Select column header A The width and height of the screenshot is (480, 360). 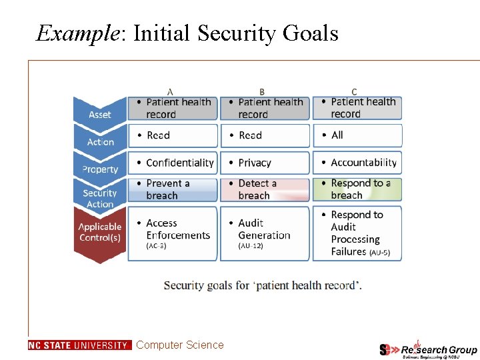pos(171,91)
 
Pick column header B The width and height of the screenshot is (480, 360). pos(262,91)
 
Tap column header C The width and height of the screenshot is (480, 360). pos(354,91)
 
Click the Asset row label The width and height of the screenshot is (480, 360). pos(100,115)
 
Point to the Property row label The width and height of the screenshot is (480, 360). pos(100,169)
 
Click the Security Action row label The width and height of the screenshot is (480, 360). pos(100,198)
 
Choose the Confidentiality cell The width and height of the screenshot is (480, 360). pos(173,163)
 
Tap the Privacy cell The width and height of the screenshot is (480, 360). pos(265,163)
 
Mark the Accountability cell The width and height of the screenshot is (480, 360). pos(357,163)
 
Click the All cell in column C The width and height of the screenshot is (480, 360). pos(357,135)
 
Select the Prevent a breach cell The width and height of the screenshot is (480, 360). pos(173,189)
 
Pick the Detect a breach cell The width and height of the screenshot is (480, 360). pos(265,189)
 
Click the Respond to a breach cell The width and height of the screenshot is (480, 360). pos(357,189)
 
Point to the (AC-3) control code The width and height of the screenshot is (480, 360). pos(156,246)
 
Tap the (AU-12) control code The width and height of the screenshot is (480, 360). pos(251,246)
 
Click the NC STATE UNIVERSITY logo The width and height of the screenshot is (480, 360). pos(79,345)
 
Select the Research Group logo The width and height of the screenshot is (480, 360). pos(428,349)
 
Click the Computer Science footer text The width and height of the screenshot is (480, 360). pos(180,345)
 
